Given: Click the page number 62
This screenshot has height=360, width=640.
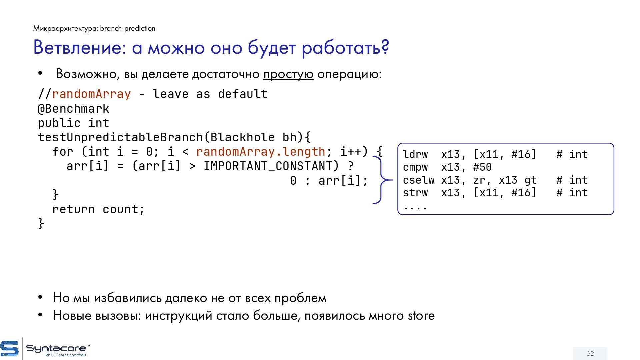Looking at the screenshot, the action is (x=590, y=353).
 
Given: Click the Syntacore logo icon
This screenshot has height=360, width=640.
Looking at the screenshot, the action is (x=9, y=349).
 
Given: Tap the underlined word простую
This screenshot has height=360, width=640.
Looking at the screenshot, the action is (x=288, y=74).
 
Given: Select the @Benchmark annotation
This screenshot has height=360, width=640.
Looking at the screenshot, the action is (x=73, y=109).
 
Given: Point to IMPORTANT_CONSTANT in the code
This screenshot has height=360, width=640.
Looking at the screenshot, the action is (x=271, y=166).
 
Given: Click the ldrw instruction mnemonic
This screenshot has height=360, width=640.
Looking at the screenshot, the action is (x=415, y=155).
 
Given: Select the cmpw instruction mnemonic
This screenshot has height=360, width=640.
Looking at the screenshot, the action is (x=415, y=167).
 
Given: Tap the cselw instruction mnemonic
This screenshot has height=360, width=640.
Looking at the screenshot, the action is (x=418, y=180).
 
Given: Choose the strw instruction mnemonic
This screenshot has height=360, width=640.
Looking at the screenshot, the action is (x=415, y=193).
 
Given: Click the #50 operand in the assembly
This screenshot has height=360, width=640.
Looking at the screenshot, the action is (x=482, y=167).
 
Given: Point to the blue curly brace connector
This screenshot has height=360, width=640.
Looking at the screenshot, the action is (x=382, y=180).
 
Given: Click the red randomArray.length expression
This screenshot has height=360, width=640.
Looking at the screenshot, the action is (x=260, y=152).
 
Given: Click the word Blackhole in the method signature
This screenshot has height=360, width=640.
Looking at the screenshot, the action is (x=242, y=137).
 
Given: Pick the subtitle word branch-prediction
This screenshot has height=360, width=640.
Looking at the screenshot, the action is (x=128, y=28).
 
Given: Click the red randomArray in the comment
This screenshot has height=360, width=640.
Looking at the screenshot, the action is (x=91, y=94).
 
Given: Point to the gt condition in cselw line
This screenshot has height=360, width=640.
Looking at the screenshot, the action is (x=531, y=180).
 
